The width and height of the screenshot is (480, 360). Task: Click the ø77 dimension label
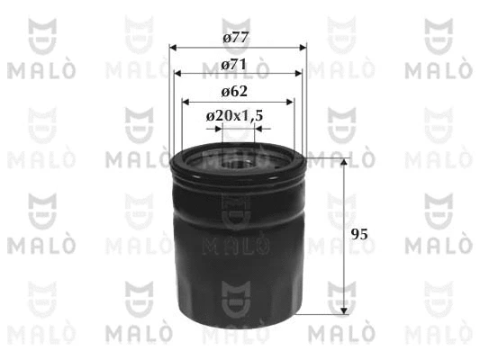pos(235,38)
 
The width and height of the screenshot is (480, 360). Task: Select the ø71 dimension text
pos(233,65)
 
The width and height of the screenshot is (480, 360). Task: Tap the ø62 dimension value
pos(234,92)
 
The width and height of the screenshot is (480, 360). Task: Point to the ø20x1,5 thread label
pos(234,116)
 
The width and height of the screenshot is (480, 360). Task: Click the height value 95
pos(359,235)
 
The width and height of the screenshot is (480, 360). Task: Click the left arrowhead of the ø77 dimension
pos(173,48)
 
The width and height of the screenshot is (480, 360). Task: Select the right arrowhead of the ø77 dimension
pos(303,48)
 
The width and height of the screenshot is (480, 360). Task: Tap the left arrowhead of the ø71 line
pos(177,74)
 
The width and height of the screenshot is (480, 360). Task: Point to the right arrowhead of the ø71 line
pos(298,74)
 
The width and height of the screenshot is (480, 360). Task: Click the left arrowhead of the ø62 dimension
pos(186,102)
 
